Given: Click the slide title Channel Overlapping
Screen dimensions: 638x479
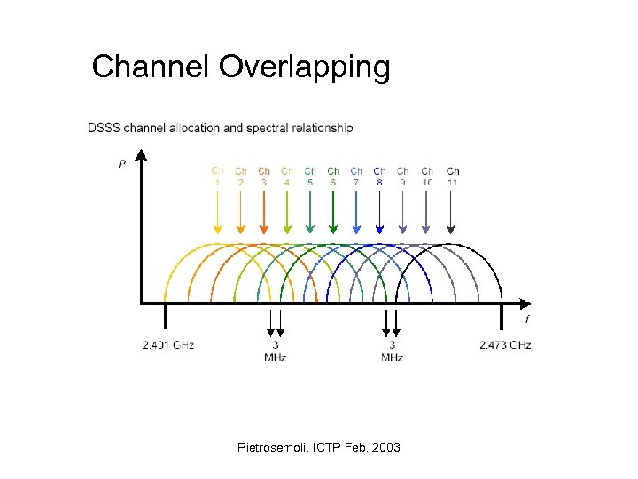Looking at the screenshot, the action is point(241,67).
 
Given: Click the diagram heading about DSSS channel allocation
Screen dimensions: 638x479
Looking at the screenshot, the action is point(221,128).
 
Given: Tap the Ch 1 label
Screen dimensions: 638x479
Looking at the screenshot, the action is point(217,177).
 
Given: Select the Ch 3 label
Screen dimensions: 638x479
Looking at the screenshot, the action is point(264,177).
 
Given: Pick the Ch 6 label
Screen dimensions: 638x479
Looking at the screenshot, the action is point(333,177).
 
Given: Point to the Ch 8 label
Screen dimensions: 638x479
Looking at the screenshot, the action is point(379,177).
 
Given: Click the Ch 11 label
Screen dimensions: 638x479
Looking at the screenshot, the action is point(453,177).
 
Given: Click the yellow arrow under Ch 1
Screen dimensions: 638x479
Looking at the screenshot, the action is point(217,213).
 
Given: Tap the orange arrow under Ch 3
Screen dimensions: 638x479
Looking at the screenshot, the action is point(264,213).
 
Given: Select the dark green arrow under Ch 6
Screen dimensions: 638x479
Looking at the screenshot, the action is point(333,213).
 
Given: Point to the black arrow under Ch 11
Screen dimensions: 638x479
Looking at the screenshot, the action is point(453,213).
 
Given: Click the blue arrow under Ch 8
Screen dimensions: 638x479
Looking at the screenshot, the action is point(379,213).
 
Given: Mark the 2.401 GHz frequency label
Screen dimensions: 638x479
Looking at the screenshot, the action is point(167,344).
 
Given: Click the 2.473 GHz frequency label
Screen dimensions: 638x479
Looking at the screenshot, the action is point(504,344).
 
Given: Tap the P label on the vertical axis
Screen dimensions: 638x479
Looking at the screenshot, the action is point(121,163).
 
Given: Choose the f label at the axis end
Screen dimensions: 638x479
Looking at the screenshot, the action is point(527,318).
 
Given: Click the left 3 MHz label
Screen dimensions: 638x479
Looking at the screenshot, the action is point(275,350).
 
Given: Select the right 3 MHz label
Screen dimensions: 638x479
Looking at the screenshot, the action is point(392,350).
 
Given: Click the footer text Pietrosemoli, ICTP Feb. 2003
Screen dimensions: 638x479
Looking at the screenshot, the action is point(319,447).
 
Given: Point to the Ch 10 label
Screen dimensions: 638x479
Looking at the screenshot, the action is point(427,177).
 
